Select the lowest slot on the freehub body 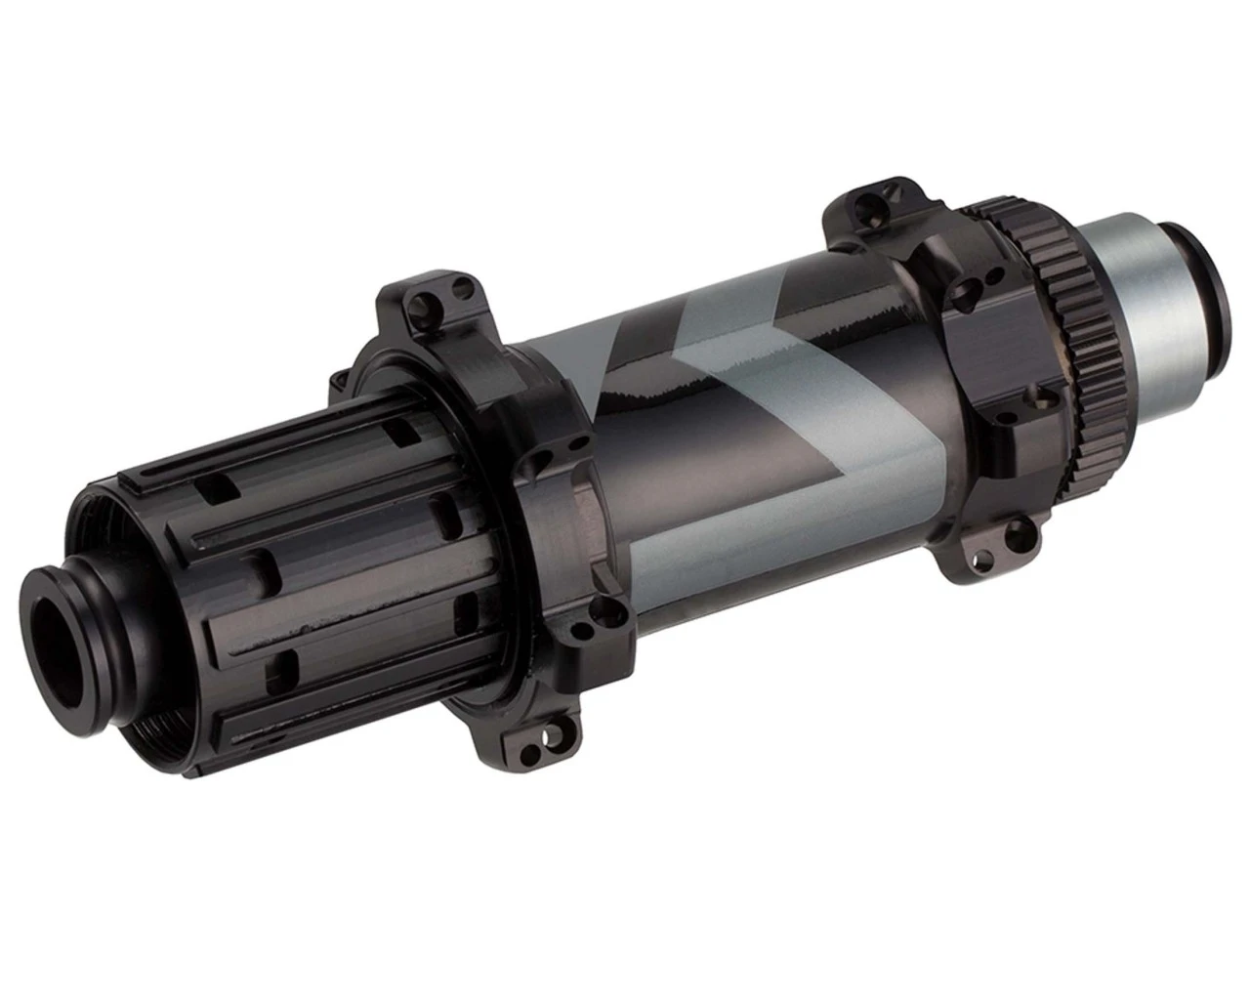point(286,668)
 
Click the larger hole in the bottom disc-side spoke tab point(1020,531)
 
